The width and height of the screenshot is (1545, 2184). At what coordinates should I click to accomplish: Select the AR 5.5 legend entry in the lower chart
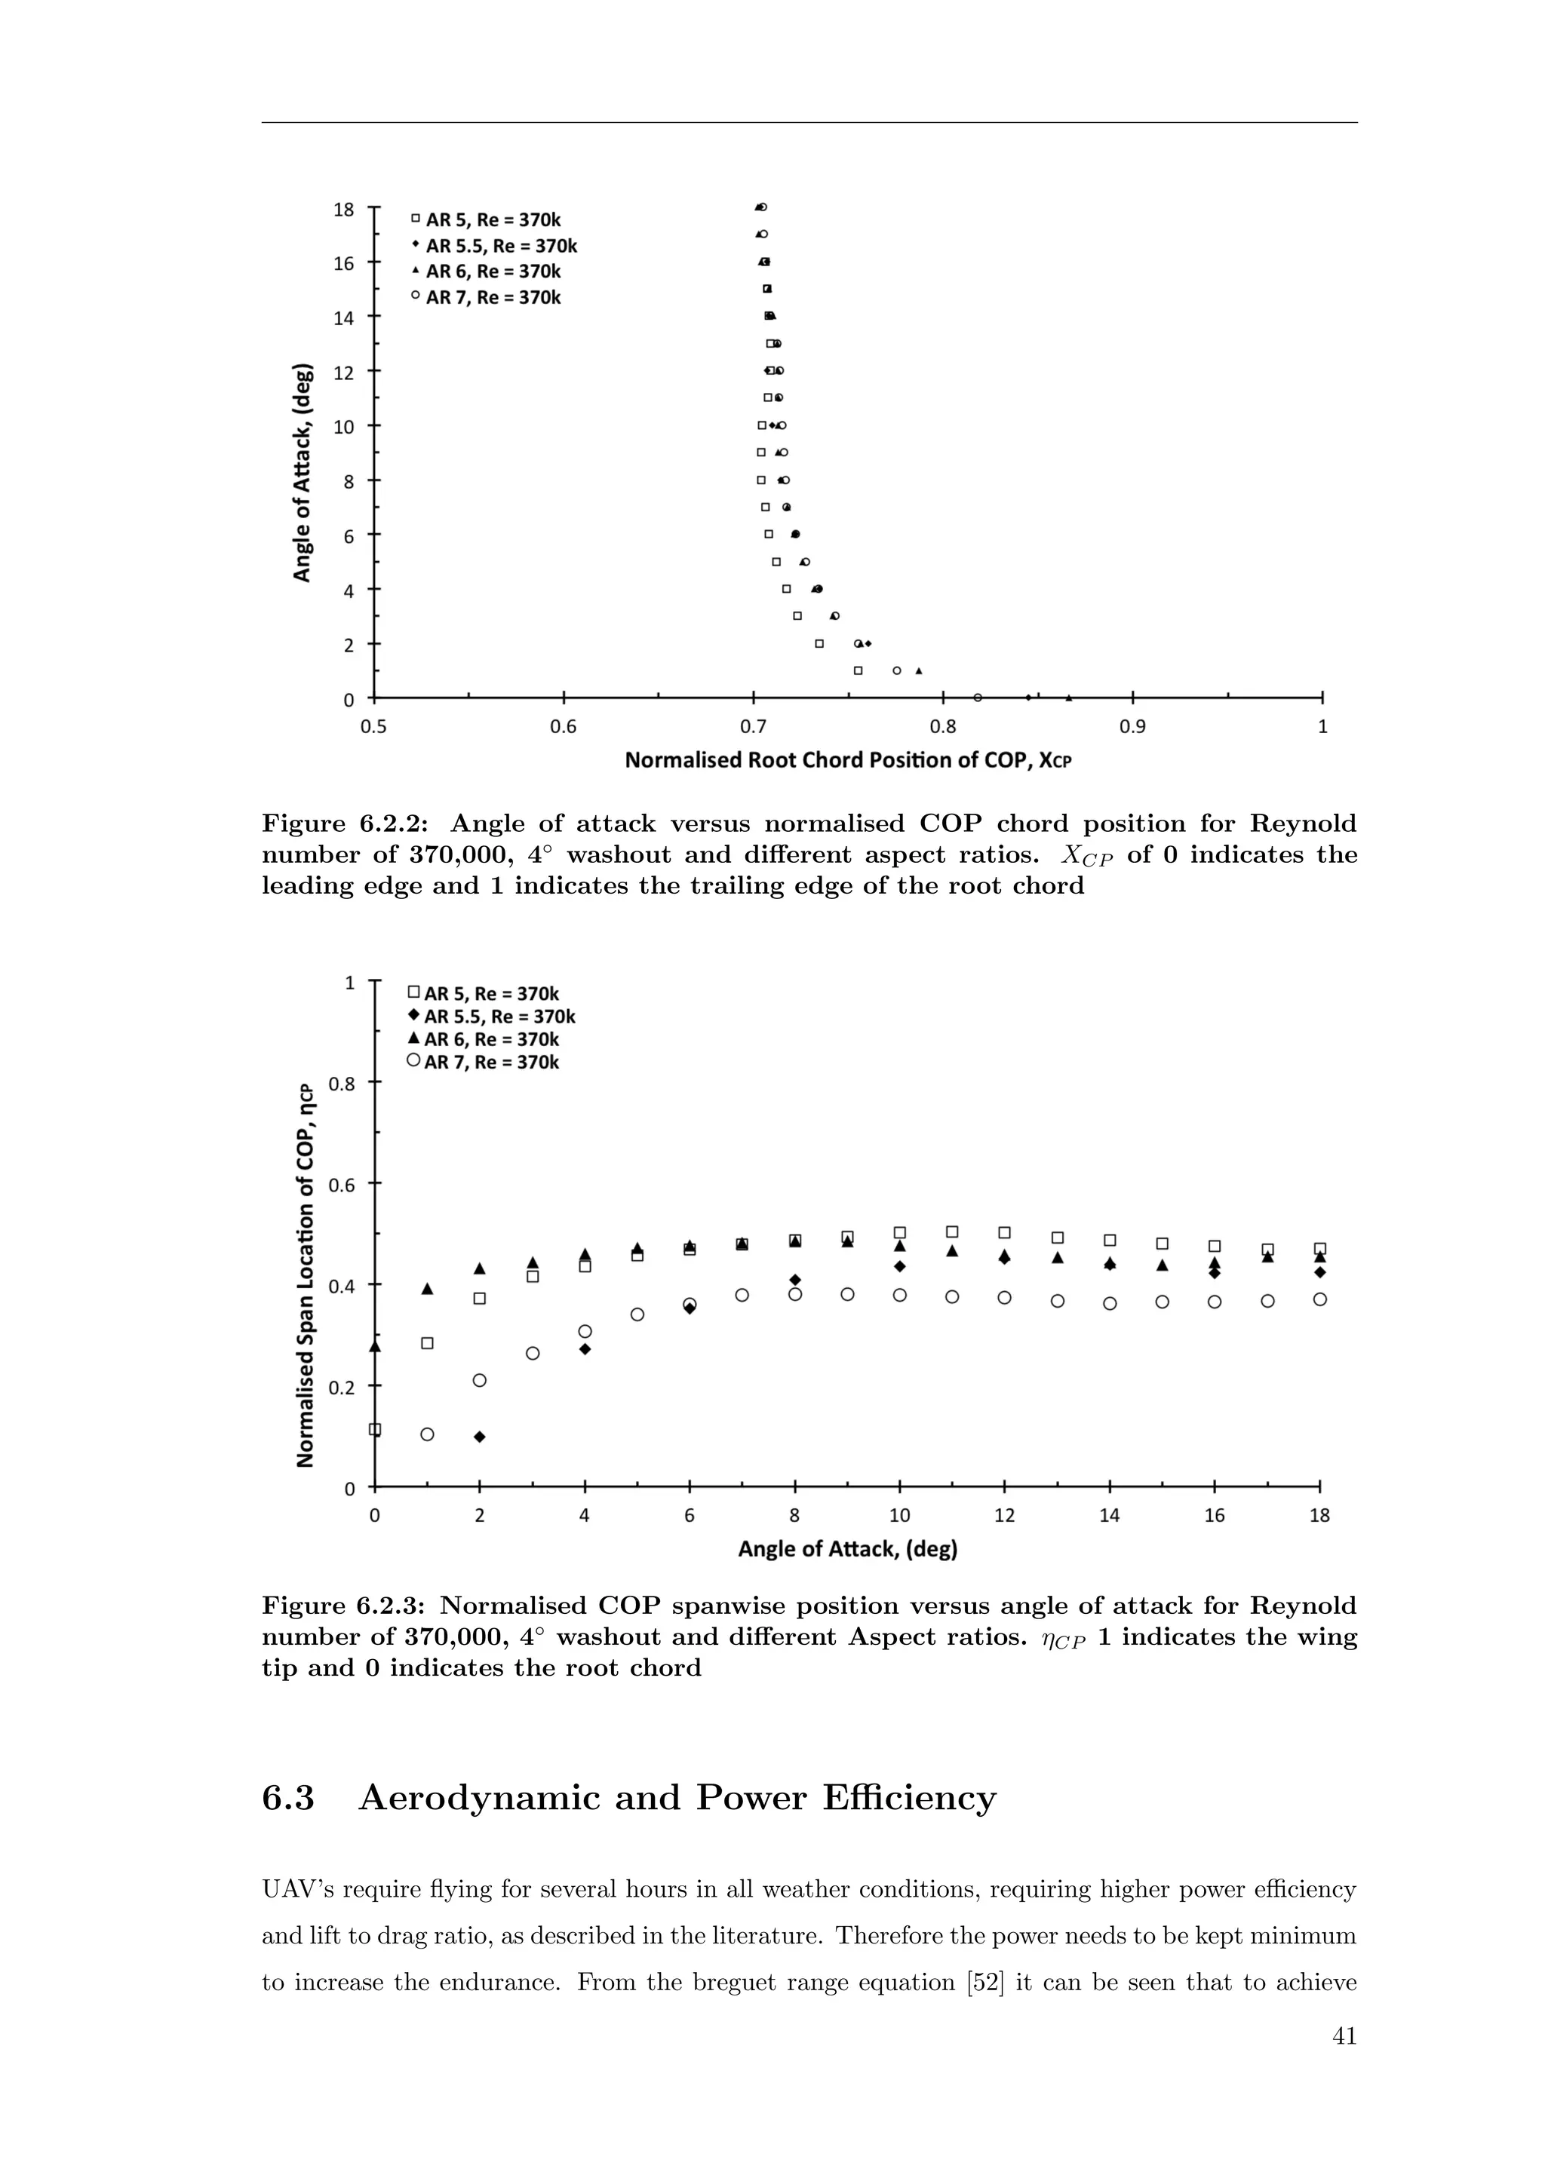click(491, 1016)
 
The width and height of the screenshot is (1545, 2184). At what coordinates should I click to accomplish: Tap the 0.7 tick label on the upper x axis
click(753, 727)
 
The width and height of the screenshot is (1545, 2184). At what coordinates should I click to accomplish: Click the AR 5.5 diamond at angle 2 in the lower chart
click(480, 1437)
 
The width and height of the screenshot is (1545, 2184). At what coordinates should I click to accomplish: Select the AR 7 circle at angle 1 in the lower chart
click(427, 1434)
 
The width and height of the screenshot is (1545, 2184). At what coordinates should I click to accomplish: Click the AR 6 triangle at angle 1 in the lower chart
click(427, 1289)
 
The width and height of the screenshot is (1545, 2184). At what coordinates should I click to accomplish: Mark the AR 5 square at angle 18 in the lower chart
click(1319, 1248)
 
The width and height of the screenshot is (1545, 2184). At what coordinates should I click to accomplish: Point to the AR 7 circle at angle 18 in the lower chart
click(1319, 1299)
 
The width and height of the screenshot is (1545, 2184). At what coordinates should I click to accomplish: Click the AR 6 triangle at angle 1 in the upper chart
click(918, 670)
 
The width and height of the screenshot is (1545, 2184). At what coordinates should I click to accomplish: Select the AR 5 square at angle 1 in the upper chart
click(857, 670)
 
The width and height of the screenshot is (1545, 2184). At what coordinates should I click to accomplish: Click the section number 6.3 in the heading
click(287, 1798)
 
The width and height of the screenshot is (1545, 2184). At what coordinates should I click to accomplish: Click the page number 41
click(1344, 2035)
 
